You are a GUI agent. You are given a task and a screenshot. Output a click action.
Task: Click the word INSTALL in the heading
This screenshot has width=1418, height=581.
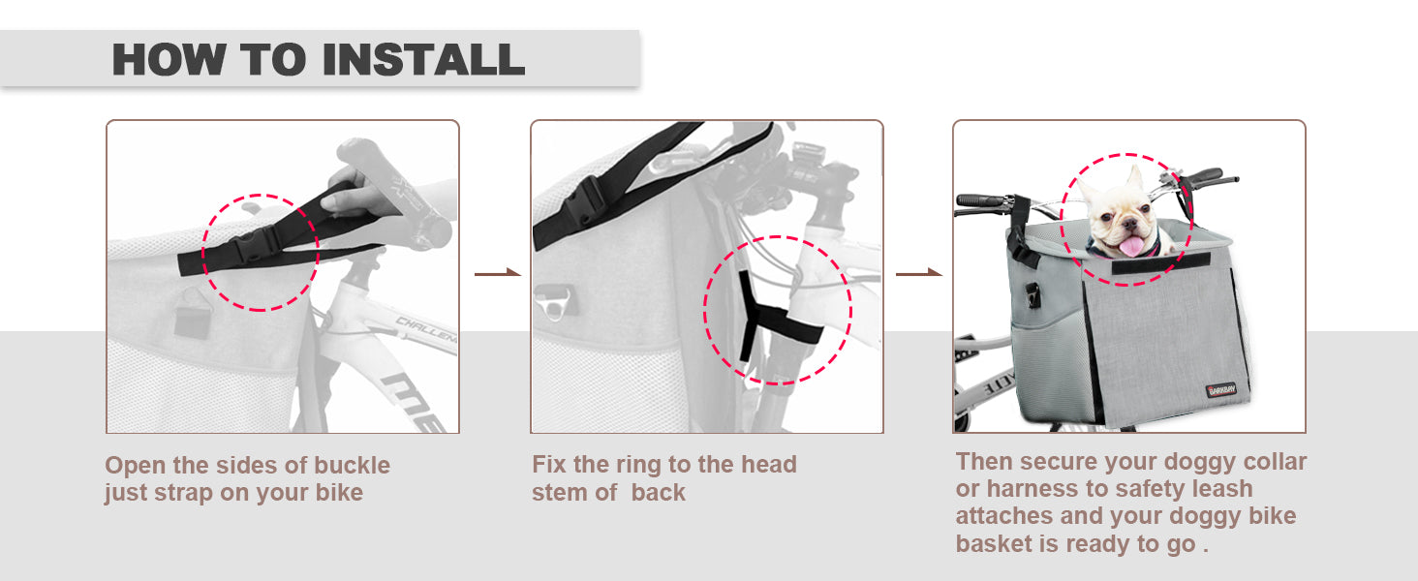tap(423, 59)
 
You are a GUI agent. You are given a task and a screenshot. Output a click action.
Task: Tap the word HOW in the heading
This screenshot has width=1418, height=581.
tap(169, 59)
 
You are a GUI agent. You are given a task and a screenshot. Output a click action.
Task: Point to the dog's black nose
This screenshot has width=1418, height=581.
tap(1128, 223)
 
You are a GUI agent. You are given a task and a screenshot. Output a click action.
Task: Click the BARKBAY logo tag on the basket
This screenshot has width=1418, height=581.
tap(1221, 389)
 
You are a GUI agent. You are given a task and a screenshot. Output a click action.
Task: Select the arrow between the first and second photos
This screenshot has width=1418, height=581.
tap(498, 273)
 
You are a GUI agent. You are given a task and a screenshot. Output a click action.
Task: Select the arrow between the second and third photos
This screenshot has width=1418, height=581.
tap(919, 273)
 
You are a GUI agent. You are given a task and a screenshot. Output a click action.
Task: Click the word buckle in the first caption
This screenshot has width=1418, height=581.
tap(352, 465)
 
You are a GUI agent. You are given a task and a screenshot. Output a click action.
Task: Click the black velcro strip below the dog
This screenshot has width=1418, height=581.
tap(1161, 264)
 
